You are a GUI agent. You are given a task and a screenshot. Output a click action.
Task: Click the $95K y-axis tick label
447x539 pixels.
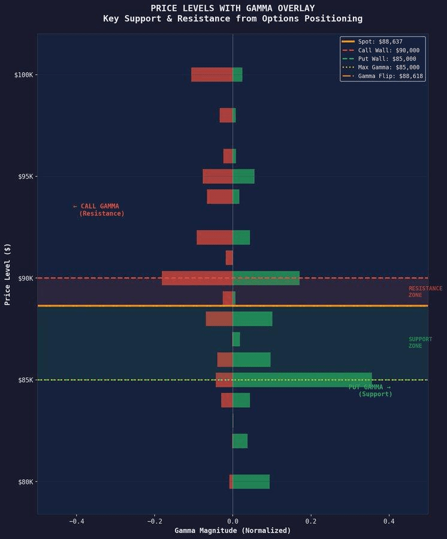click(25, 177)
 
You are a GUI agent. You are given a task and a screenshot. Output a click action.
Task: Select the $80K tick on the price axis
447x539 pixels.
click(25, 482)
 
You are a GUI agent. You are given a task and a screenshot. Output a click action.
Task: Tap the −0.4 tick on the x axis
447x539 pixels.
click(76, 522)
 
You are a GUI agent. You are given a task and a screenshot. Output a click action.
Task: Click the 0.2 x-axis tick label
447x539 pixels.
click(311, 522)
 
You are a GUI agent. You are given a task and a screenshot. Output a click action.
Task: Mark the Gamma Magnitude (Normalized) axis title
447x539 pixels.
click(232, 531)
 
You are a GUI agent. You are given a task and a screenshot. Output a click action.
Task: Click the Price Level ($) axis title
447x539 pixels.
click(8, 274)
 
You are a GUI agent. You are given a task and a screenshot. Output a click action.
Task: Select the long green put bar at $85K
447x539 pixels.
click(302, 380)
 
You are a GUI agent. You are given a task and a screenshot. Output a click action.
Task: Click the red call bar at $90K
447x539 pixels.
click(197, 278)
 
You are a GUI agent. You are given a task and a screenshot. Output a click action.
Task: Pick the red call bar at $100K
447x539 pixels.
click(212, 74)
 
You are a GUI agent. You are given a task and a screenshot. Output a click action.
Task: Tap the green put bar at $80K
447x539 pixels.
click(251, 482)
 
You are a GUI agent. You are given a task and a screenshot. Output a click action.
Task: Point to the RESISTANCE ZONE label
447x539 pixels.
click(425, 292)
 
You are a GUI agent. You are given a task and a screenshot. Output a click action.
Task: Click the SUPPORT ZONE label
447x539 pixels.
click(420, 343)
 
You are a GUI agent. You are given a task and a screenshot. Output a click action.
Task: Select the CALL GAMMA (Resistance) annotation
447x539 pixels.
click(98, 210)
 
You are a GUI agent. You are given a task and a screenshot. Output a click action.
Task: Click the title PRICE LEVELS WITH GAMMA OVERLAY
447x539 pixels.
click(232, 8)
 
